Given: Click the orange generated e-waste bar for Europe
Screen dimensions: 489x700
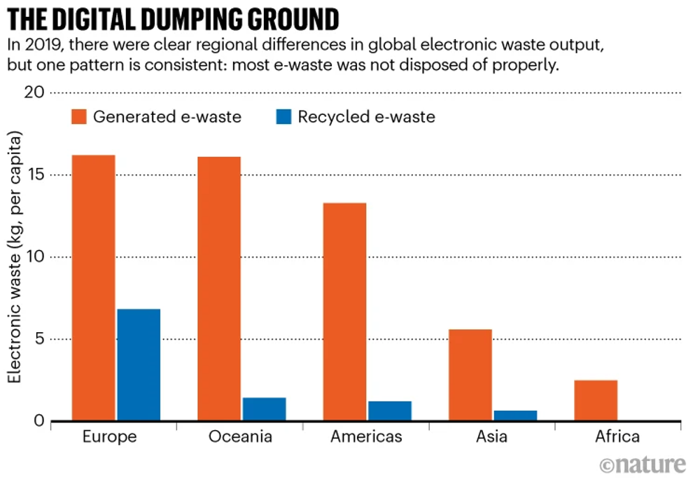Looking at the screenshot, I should [93, 287].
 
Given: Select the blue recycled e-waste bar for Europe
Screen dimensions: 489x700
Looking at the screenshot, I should [139, 364].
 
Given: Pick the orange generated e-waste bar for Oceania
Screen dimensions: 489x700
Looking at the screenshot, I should [218, 288].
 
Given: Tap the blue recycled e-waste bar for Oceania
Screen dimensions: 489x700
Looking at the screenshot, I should [264, 409].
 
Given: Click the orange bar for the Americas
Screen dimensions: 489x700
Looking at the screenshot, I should [344, 312].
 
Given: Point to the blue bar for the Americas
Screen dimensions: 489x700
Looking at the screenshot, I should [389, 411].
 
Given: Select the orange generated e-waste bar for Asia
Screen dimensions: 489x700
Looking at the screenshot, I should [470, 375].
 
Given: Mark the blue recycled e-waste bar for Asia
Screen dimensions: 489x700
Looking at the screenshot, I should [514, 415].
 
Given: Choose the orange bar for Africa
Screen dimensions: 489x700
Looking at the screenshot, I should [595, 400].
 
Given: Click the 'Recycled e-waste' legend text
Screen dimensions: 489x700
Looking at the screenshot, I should [366, 116].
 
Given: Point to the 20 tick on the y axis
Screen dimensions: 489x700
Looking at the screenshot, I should [34, 93].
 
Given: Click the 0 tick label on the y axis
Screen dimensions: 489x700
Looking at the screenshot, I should [38, 421].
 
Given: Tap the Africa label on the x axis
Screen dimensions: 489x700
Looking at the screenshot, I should [617, 437].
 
